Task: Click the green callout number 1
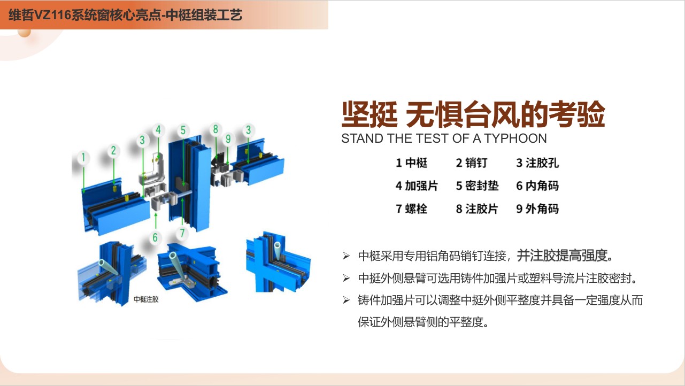point(83,158)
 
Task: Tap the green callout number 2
point(113,150)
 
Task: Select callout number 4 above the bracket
point(158,130)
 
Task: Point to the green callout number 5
point(183,130)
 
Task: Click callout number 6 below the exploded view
point(155,237)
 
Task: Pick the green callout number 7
point(182,233)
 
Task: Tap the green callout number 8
point(215,129)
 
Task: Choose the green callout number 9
point(228,139)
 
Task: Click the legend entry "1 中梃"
point(411,163)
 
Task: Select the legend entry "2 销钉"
point(472,163)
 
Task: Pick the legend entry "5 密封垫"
point(477,186)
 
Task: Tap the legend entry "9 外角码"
point(537,209)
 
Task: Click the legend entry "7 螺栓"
point(411,209)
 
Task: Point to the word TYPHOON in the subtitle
point(515,138)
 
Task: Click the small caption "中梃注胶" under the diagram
point(146,299)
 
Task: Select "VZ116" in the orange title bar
point(52,15)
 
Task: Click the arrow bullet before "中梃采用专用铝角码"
point(346,256)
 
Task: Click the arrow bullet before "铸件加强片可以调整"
point(346,300)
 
